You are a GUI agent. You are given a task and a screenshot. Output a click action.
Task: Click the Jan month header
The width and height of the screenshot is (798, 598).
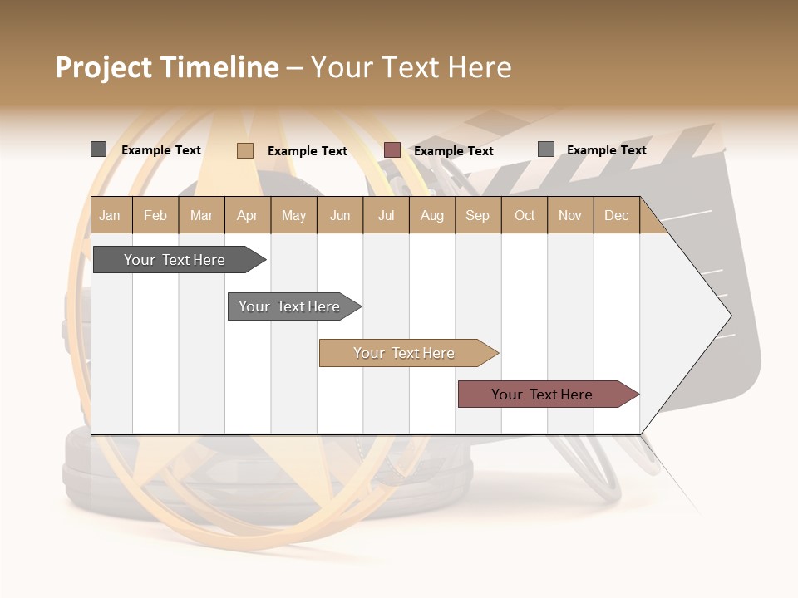pos(110,215)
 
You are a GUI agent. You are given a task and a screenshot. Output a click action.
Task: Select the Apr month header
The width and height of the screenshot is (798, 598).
pos(247,215)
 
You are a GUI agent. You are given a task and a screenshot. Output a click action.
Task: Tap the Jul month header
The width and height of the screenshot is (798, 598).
pos(386,215)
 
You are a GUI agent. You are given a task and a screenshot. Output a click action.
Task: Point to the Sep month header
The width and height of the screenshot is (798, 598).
pos(477,215)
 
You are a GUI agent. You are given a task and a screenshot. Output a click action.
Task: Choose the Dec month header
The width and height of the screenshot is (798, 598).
pos(616,215)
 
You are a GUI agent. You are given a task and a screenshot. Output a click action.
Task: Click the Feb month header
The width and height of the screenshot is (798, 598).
pos(155,215)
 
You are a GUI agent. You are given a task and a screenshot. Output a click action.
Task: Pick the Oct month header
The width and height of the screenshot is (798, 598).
pos(525,215)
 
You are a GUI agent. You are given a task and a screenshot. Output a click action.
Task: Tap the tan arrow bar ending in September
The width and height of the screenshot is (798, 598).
pos(406,353)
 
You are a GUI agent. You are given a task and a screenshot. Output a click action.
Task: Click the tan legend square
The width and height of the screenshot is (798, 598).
pos(245,150)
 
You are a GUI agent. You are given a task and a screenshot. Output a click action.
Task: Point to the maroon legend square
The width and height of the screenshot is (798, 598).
pos(392,150)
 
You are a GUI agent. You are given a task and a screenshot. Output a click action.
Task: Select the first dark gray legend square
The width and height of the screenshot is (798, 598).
pos(98,149)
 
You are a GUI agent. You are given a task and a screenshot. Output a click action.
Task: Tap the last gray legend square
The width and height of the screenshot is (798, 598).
pos(546,149)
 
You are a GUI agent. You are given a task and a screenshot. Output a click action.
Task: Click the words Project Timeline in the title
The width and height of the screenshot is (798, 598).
pos(167,67)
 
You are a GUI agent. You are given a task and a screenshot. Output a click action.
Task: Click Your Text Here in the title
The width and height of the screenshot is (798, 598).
pos(411,67)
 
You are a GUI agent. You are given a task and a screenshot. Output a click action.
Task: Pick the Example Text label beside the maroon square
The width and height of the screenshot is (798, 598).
pos(453,151)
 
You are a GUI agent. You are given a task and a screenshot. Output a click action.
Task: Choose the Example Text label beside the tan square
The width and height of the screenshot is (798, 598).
pos(307,151)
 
